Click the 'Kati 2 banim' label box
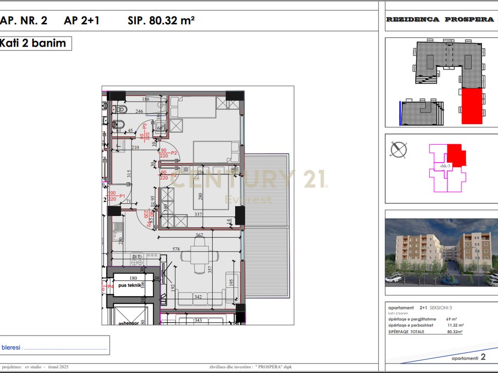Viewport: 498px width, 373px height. [x=34, y=43]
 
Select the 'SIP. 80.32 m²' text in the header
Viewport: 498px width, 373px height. [x=161, y=20]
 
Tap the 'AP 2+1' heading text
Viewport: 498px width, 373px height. [x=81, y=20]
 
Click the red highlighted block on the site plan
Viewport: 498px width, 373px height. [x=471, y=106]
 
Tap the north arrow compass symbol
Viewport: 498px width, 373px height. [x=398, y=149]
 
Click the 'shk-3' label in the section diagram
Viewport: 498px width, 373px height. [x=445, y=166]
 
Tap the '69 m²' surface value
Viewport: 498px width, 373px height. [x=451, y=319]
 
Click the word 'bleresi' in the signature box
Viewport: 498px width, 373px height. [x=11, y=347]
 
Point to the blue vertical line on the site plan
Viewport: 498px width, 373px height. [x=400, y=113]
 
